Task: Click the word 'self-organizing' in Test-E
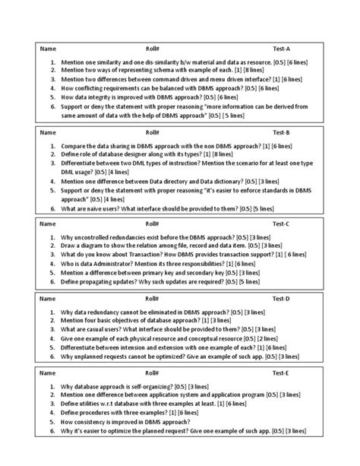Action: (x=156, y=385)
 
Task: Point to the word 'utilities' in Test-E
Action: (x=91, y=404)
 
